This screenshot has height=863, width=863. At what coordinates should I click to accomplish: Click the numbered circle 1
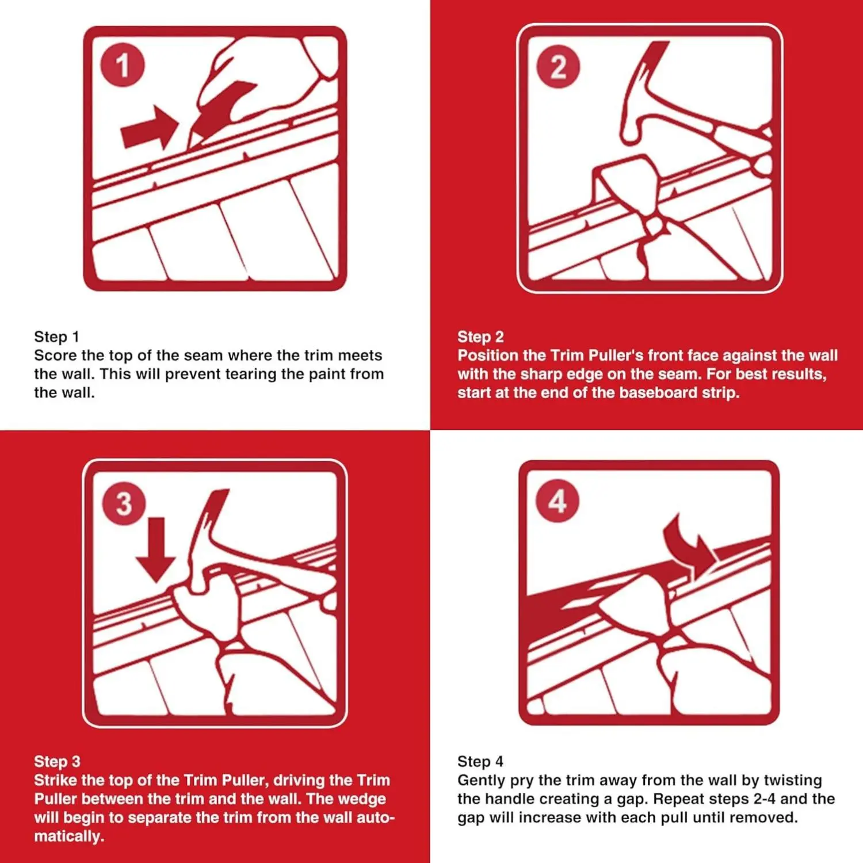pyautogui.click(x=123, y=65)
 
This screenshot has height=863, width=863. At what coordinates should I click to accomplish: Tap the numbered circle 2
pyautogui.click(x=558, y=67)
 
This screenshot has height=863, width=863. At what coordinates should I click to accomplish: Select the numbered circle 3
pyautogui.click(x=124, y=503)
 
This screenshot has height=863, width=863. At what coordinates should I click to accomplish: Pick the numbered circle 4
pyautogui.click(x=557, y=501)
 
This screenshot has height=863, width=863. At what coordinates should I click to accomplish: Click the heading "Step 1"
pyautogui.click(x=56, y=337)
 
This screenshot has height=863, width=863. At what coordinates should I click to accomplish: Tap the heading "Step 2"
pyautogui.click(x=480, y=337)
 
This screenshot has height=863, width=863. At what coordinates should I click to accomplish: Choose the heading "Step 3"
pyautogui.click(x=57, y=762)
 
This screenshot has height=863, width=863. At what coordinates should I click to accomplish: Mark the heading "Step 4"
pyautogui.click(x=480, y=762)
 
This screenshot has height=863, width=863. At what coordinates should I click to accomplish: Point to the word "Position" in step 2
pyautogui.click(x=488, y=356)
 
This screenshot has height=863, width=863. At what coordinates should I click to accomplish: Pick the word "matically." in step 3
pyautogui.click(x=69, y=837)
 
